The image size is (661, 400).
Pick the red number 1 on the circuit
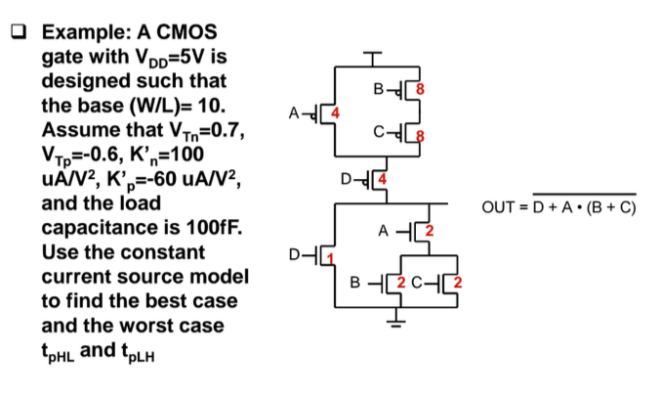tap(329, 257)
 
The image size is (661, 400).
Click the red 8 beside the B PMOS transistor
tap(420, 90)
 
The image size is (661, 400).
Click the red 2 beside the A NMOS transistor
tap(428, 232)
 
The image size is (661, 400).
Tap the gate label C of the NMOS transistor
tap(416, 287)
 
